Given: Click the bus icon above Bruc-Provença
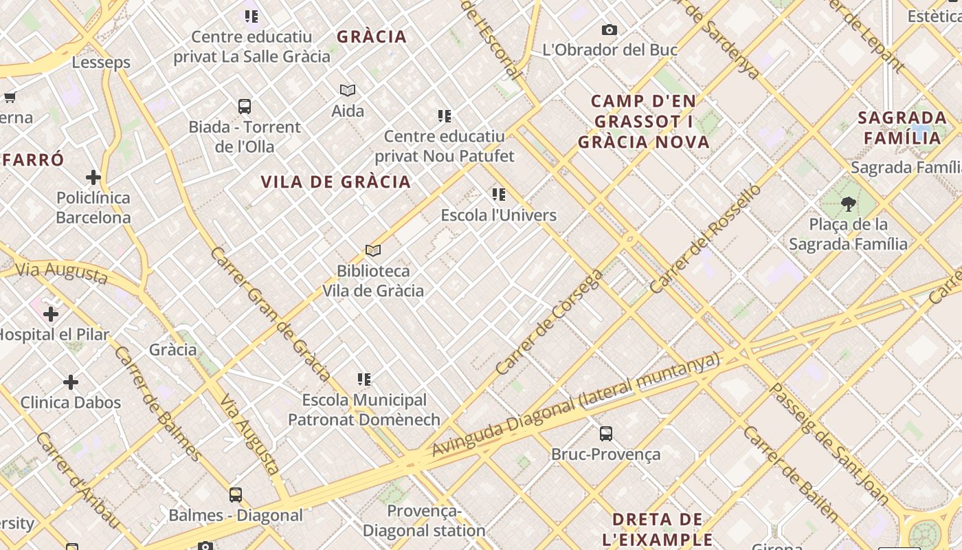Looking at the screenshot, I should (605, 434).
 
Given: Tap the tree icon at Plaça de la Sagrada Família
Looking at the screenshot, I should (848, 203).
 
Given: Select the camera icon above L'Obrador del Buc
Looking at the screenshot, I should (609, 30).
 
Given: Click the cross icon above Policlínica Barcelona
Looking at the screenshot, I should (93, 177).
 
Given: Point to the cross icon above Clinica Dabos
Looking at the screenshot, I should (71, 382).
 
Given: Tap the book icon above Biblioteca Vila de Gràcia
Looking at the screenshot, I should (373, 250).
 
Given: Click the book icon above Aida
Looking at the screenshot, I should (348, 90).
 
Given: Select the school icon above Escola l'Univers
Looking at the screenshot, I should (499, 195).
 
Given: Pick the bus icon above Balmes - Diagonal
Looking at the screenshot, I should (236, 494).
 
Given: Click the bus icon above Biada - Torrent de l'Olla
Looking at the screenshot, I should (245, 107).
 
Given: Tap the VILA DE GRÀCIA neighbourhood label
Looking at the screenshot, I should (336, 182).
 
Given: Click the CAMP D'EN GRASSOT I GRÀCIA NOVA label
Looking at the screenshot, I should (643, 122).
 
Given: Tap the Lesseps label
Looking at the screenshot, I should (101, 63).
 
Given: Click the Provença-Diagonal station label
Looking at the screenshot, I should (424, 520).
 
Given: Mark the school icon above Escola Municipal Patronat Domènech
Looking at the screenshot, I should (364, 379).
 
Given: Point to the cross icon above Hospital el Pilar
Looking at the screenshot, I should (50, 314).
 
